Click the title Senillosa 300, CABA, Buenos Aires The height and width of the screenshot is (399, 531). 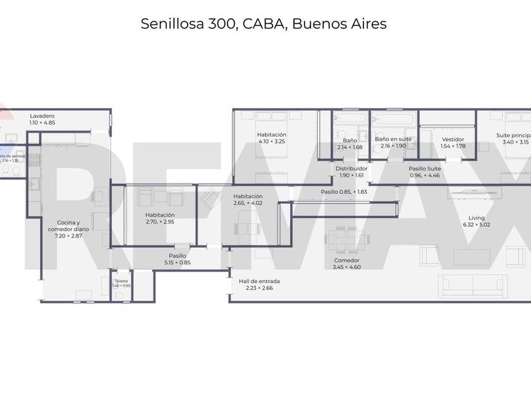264,24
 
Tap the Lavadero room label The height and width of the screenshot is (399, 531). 42,116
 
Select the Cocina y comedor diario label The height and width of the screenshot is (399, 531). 68,223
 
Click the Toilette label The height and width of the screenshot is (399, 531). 121,281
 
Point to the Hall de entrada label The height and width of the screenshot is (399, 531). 259,281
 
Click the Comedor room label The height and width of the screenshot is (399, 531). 346,260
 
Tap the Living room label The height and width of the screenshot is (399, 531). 468,217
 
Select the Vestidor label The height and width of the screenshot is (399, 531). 453,139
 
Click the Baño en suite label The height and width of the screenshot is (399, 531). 393,139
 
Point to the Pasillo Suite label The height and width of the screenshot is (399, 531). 424,168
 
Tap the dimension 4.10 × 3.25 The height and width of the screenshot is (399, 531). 271,141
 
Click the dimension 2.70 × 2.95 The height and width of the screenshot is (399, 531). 159,222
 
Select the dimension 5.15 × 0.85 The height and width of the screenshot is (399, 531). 176,262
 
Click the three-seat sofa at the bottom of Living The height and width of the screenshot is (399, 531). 473,284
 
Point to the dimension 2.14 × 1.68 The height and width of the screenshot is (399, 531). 350,147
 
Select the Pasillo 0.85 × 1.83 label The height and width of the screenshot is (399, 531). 343,192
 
